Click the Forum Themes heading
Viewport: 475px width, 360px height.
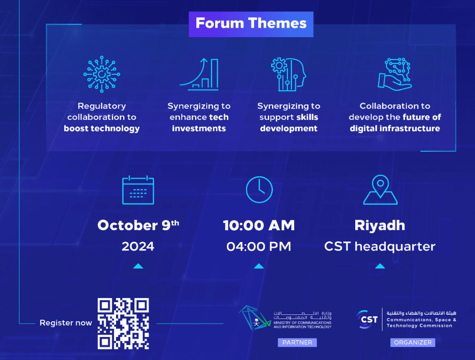(251, 23)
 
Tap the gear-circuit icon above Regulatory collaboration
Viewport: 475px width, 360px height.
(101, 75)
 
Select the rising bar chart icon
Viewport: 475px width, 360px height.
(199, 74)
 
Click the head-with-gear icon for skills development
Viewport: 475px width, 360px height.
(288, 74)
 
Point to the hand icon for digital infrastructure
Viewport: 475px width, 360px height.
(395, 74)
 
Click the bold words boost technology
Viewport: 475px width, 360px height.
(101, 128)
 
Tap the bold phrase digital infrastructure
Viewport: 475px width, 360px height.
(395, 128)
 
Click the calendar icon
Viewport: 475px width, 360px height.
(138, 190)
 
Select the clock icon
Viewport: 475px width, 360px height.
(259, 190)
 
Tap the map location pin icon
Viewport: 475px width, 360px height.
(380, 190)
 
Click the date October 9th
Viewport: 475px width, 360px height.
(138, 225)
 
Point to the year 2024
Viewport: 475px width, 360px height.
(138, 246)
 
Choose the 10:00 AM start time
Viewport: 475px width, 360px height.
(259, 226)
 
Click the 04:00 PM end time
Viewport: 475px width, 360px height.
(259, 246)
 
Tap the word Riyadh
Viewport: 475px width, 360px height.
(380, 226)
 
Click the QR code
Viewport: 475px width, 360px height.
(123, 324)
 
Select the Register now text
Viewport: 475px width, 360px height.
(66, 323)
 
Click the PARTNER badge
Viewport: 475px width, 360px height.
(297, 343)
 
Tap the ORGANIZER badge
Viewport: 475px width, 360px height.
(413, 343)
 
